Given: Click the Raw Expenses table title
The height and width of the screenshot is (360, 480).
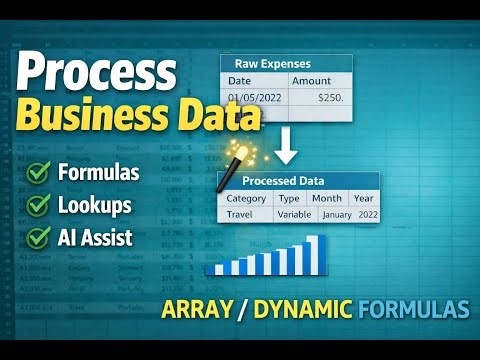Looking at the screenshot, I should coord(286,62).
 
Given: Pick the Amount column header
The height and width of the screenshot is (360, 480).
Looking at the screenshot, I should coord(312,80).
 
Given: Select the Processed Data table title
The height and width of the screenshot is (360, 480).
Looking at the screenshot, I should coord(297,181).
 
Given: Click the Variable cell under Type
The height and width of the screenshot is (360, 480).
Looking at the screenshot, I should coord(294,214).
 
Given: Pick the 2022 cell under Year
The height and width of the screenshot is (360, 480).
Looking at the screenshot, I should coord(366,214).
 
